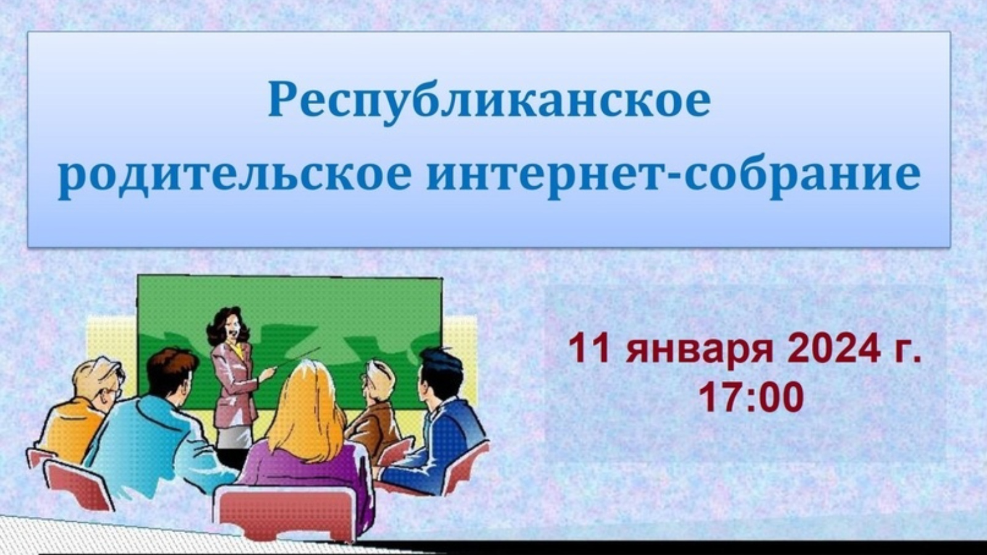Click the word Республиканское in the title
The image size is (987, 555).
click(x=489, y=102)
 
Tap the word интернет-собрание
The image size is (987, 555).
click(x=674, y=175)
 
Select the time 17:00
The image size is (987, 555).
click(x=752, y=397)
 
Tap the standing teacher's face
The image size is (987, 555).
click(x=233, y=326)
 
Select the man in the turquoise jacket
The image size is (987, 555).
click(x=154, y=432)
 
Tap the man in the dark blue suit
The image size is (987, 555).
click(x=436, y=423)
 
